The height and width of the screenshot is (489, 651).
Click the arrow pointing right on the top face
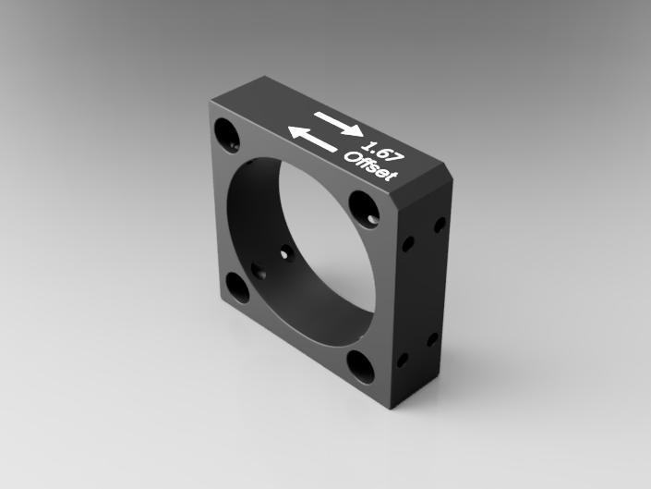[x=339, y=124]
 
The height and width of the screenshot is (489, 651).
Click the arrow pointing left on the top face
[x=312, y=139]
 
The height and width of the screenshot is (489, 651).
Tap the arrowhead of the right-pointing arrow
[x=355, y=130]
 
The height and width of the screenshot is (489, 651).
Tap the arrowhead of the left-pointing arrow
[x=296, y=132]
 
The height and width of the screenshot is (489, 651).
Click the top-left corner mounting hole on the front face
[x=226, y=134]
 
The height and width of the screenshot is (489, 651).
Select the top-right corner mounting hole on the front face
[x=364, y=210]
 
